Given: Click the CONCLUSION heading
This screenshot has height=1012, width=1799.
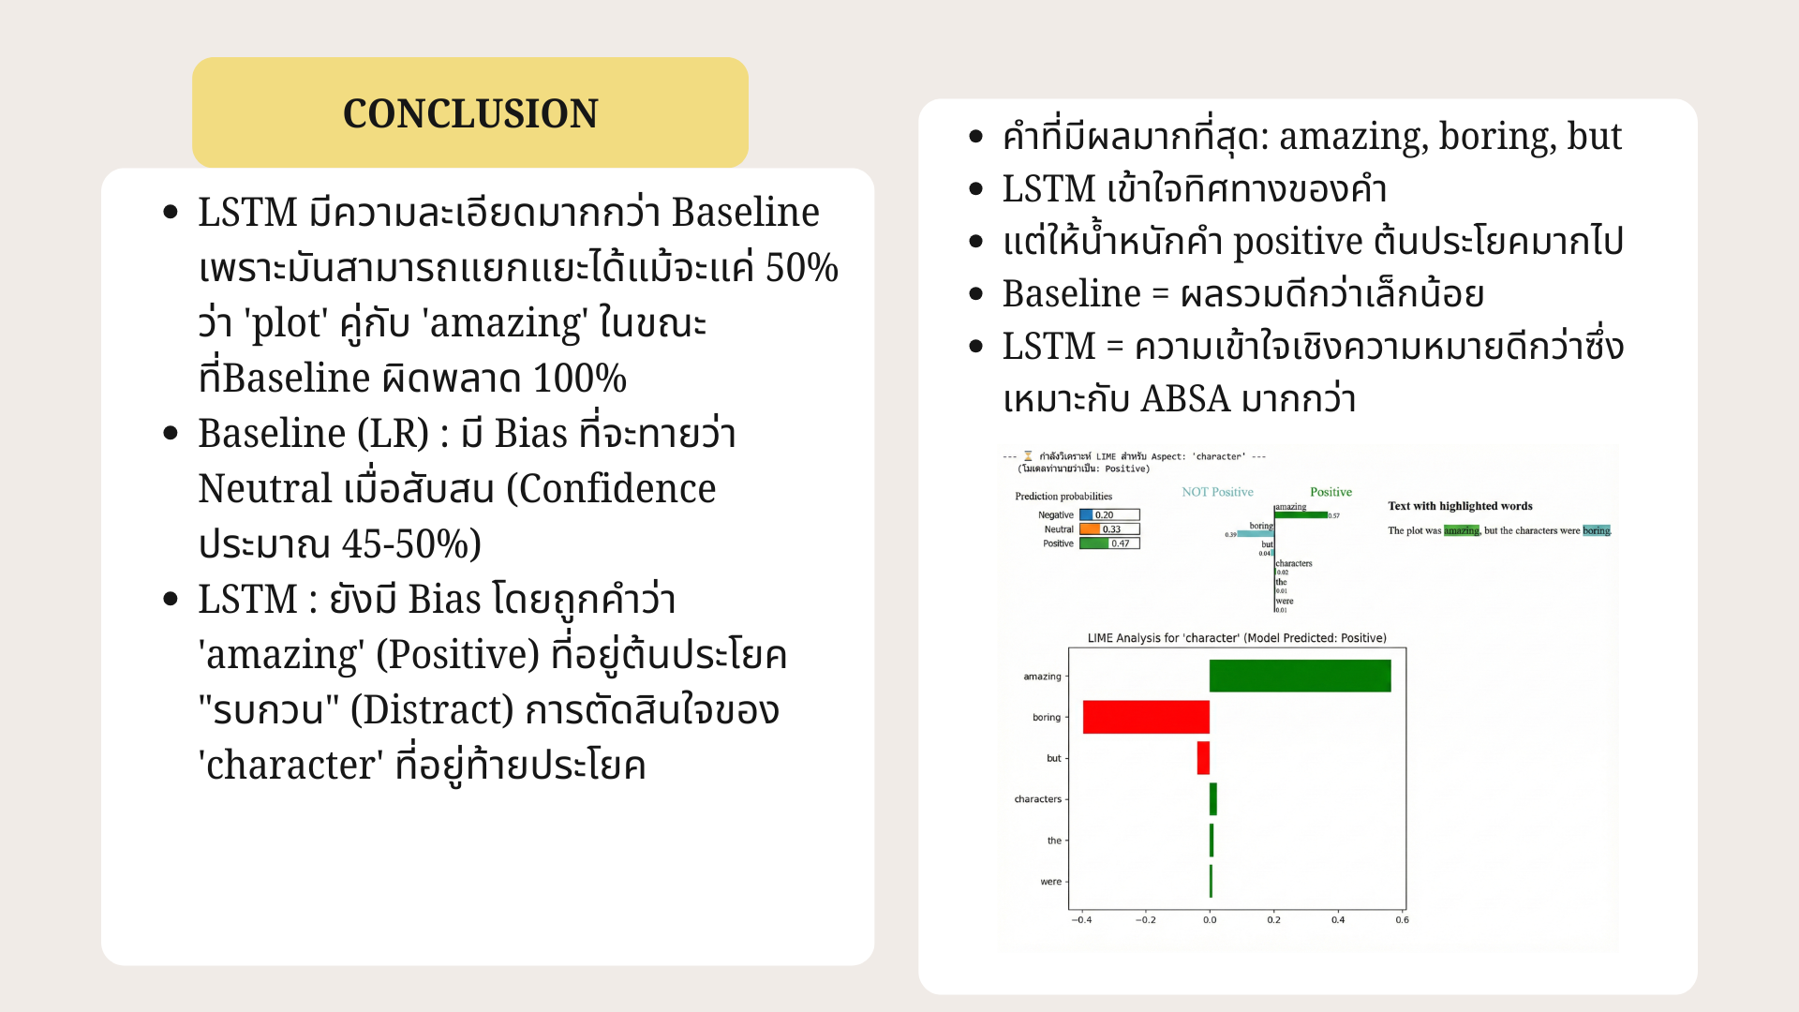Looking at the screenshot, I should tap(469, 113).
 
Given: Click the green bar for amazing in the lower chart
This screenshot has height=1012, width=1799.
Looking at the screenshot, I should tap(1300, 676).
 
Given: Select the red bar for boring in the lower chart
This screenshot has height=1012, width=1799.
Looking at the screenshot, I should tap(1146, 717).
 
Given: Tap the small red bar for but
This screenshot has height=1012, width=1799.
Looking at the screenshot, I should tap(1203, 758).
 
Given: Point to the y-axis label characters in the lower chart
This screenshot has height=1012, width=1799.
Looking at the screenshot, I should tap(1037, 799).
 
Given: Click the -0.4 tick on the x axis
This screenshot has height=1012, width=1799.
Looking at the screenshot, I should tap(1081, 920).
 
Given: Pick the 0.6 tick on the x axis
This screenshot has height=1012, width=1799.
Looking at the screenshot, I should tap(1402, 920).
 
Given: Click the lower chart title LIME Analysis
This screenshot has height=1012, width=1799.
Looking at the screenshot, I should tap(1236, 638).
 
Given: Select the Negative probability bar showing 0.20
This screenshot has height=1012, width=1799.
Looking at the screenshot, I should tap(1109, 514).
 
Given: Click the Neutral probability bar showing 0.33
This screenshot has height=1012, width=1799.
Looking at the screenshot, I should tap(1109, 529).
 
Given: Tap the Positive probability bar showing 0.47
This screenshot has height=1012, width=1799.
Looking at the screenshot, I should tap(1109, 543).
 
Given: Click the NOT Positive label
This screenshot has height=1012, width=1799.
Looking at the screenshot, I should tap(1217, 492).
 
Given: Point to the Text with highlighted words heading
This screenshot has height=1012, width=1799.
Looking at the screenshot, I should tap(1460, 506).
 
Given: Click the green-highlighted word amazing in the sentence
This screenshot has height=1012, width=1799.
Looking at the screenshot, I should tap(1461, 530).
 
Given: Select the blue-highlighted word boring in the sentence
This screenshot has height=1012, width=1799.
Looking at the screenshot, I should tap(1596, 530).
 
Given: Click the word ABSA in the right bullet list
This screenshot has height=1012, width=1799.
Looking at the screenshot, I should tap(1184, 399).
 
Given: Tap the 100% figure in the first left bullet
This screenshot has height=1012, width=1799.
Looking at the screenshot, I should tap(579, 379).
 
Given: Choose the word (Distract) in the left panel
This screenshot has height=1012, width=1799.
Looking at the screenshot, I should tap(432, 710).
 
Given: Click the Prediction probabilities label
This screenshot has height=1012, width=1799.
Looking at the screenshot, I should tap(1063, 497).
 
